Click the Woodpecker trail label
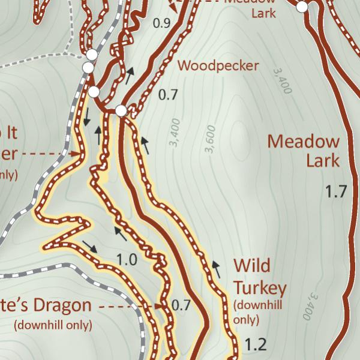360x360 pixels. point(218,65)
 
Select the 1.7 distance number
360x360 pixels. point(336,192)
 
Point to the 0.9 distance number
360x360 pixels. point(162,23)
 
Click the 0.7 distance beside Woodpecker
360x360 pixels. point(168,94)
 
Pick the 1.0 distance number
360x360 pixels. point(126,260)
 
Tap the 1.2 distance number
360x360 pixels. point(256,345)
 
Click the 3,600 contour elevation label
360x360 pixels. point(210,139)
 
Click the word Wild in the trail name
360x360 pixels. point(251,265)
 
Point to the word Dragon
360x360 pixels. point(62,305)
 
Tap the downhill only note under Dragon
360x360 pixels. point(53,325)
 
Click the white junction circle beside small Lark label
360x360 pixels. point(302,7)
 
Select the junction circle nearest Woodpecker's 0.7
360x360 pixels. point(121,110)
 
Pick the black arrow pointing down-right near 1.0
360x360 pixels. point(89,246)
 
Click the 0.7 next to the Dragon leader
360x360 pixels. point(181,305)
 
